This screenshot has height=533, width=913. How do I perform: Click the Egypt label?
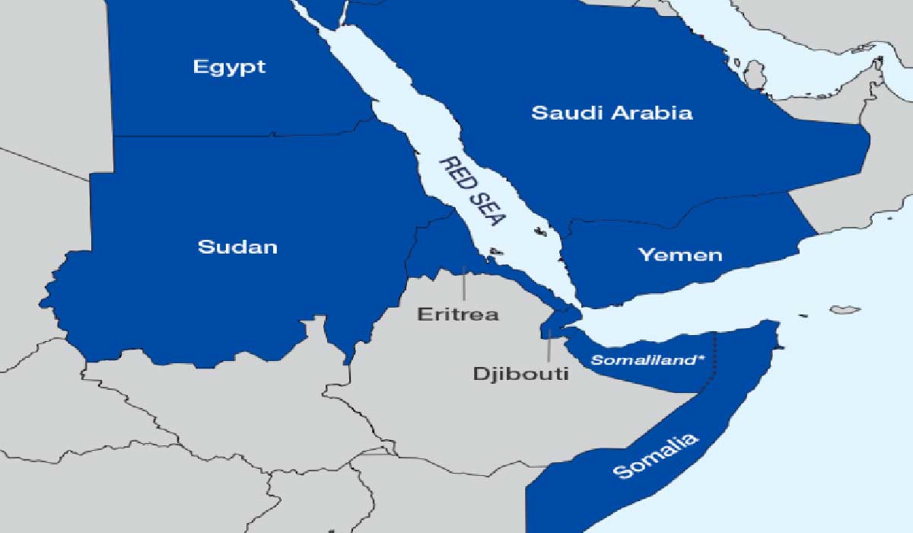point(229,67)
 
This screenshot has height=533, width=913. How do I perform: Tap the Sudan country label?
point(237,247)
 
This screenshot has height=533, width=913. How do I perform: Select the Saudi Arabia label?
point(612,113)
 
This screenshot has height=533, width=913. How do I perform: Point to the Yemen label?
point(679,254)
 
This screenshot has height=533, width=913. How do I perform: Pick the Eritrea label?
point(457,314)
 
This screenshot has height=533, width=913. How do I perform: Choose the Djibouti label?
point(520,374)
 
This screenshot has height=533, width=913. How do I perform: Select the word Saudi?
point(561,113)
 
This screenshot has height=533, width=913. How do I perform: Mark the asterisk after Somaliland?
point(700,358)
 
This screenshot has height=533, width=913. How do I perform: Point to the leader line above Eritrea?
point(463,285)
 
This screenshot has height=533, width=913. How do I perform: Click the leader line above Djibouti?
point(548,346)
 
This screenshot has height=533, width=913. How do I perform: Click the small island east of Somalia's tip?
point(845,310)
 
